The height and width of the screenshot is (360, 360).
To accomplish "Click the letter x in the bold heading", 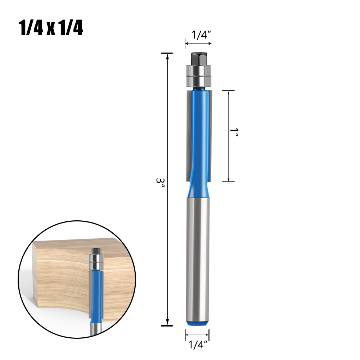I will point(50,29).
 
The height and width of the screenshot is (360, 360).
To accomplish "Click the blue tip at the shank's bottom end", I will point(198,323).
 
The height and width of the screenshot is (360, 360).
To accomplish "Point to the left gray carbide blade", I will point(189,133).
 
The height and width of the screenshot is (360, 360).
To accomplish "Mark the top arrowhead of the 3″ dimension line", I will point(167,56).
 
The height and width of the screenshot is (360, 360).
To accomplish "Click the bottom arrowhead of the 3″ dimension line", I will point(167,323).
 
